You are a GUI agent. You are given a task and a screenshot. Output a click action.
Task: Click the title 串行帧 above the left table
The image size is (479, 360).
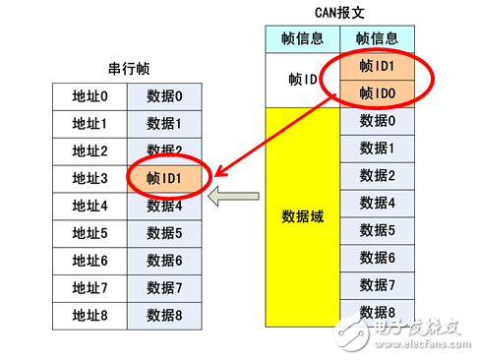[x=129, y=70]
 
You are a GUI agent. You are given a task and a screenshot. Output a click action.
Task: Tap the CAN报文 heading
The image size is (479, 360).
[x=339, y=13]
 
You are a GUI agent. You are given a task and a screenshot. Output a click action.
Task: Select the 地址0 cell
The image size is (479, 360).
[x=90, y=97]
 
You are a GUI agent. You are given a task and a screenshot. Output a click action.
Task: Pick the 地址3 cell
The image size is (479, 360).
[x=90, y=179]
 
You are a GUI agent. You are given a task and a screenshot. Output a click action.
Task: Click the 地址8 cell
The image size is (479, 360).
[x=90, y=317]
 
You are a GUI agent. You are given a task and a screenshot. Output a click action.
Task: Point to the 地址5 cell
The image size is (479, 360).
[x=90, y=234]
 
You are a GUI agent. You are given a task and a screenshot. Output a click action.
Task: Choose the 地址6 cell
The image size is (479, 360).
[x=90, y=262]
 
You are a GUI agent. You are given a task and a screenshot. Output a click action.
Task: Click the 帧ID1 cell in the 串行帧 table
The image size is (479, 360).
[x=165, y=179]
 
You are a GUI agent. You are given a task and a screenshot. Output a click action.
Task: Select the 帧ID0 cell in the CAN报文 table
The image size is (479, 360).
[x=377, y=93]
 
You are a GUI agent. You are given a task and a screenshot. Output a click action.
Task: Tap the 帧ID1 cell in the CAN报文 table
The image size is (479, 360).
[x=377, y=66]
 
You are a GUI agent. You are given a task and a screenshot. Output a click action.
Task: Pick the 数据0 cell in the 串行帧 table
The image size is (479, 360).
[x=165, y=97]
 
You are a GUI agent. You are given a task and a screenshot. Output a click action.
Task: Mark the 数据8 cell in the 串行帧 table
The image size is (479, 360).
[x=165, y=317]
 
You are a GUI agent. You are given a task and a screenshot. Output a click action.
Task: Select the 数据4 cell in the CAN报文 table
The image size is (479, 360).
[x=377, y=204]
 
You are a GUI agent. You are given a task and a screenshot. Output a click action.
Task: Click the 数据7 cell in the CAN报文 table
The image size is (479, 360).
[x=377, y=285]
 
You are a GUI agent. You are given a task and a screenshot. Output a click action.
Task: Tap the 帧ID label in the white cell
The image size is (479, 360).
[x=297, y=80]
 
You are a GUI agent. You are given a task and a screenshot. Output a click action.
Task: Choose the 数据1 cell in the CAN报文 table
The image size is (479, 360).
[x=377, y=149]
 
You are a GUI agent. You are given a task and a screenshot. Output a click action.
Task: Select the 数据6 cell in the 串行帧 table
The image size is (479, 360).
[x=165, y=262]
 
